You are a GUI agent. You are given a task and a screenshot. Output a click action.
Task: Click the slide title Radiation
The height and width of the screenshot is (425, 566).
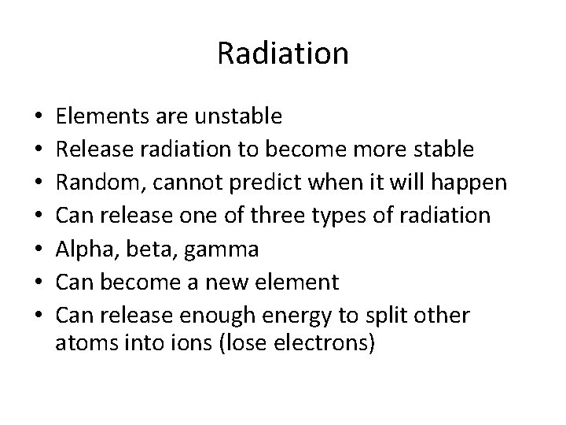pyautogui.click(x=282, y=54)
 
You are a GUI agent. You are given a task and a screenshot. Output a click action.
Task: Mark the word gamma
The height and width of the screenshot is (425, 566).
pyautogui.click(x=218, y=249)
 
